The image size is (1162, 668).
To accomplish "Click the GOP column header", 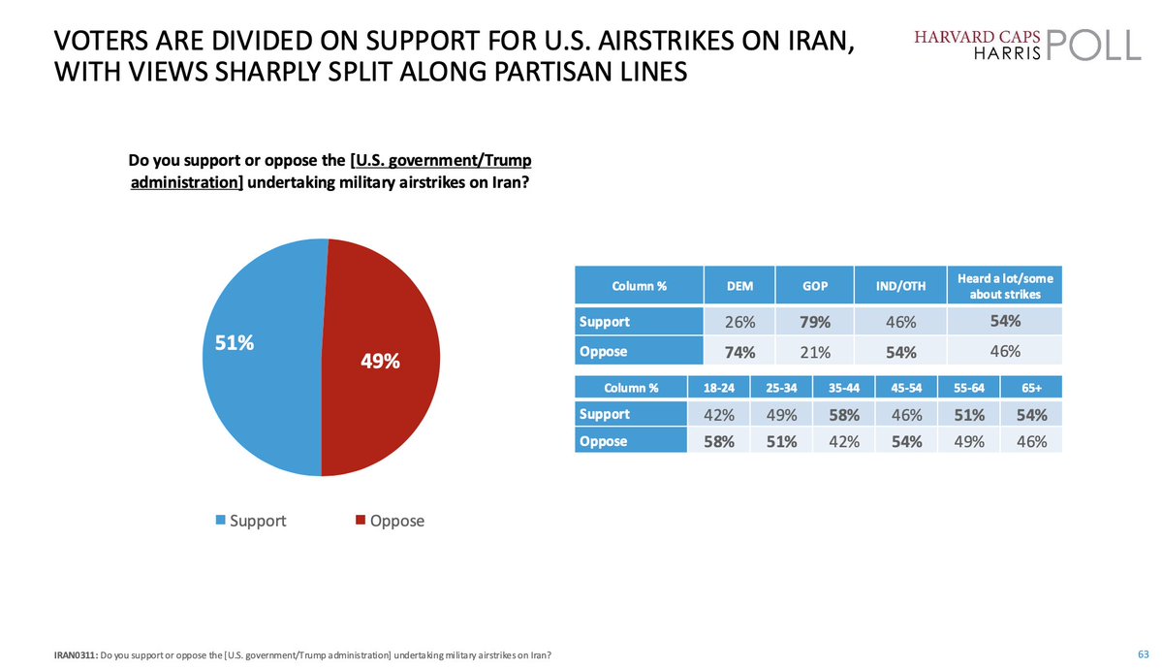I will tap(815, 286).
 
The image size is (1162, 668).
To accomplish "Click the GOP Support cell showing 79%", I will tap(815, 321).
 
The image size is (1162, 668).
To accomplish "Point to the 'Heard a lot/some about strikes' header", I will tap(1004, 285).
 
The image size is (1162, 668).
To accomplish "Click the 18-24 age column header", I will tap(718, 388).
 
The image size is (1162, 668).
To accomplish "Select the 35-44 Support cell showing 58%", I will tap(843, 415).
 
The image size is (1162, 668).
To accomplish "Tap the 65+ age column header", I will tap(1032, 388).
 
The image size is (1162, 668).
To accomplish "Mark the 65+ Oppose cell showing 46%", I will tap(1032, 441).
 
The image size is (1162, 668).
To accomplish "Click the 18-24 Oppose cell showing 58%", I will tap(718, 441).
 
